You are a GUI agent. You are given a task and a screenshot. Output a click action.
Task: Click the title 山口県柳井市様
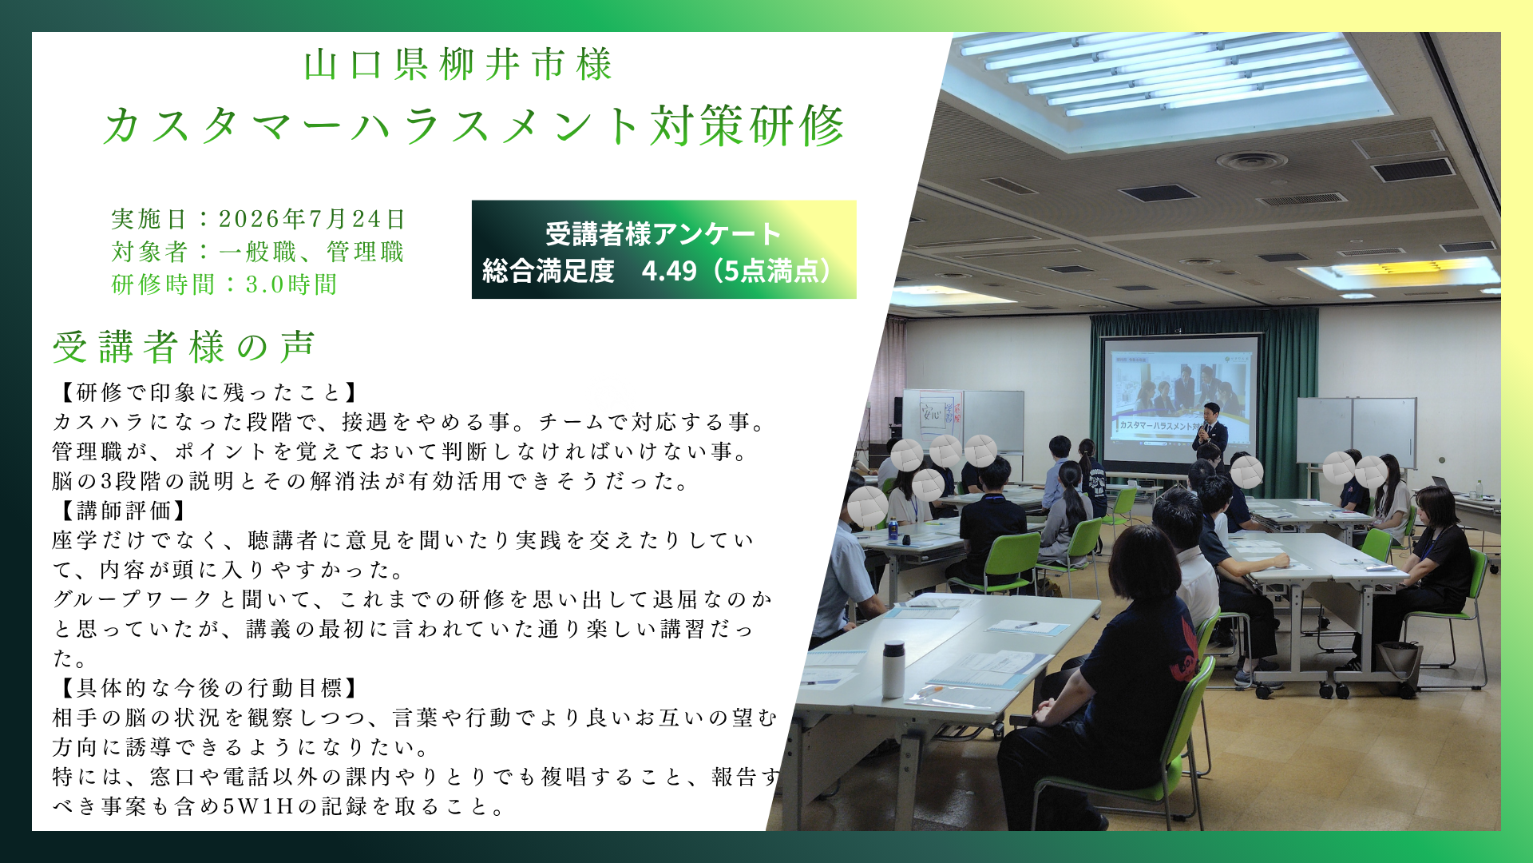[458, 65]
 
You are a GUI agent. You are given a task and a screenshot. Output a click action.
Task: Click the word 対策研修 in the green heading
[747, 126]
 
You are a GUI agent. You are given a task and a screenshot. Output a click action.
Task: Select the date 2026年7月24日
[312, 219]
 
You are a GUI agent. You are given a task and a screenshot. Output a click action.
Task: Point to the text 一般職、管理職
[311, 252]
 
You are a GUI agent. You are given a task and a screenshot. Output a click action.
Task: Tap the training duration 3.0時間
[291, 284]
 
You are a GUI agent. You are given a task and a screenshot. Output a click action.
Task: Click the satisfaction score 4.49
[669, 271]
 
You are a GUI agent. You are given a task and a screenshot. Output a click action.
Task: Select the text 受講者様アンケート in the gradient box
[664, 234]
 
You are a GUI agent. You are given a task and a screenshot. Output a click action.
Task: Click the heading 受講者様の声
[184, 347]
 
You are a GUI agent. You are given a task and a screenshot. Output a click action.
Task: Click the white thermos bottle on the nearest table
[893, 669]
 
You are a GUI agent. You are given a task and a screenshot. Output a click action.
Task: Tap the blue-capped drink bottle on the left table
[893, 529]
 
